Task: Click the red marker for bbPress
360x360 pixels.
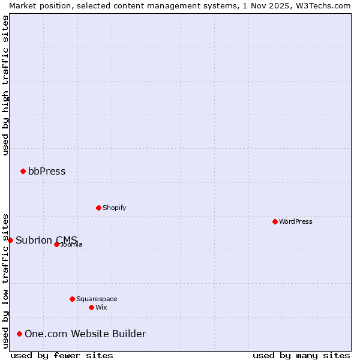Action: click(23, 172)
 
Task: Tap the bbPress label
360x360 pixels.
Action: click(47, 172)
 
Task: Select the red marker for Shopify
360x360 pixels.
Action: click(98, 208)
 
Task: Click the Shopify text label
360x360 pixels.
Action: click(114, 208)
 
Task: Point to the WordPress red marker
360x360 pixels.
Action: click(275, 222)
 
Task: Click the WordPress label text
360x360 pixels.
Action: click(295, 222)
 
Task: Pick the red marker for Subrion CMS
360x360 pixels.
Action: click(10, 240)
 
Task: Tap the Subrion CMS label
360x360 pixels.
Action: click(42, 240)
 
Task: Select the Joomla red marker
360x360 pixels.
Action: click(56, 244)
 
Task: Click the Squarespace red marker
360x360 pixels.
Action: click(72, 299)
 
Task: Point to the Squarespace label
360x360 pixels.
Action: click(97, 299)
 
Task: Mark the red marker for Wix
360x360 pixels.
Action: click(91, 307)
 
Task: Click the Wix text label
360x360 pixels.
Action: click(101, 307)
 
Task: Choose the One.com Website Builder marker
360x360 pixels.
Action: click(19, 334)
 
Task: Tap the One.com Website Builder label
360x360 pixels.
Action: click(85, 334)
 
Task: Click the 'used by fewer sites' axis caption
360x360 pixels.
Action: click(62, 355)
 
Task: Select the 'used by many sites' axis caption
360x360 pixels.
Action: click(301, 355)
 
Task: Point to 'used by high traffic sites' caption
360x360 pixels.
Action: click(5, 85)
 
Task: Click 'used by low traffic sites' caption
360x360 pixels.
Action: click(5, 280)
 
